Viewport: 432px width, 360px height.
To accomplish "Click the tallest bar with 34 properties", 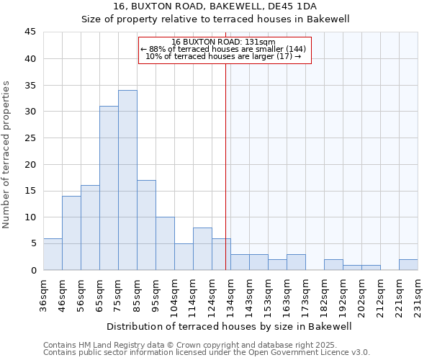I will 127,180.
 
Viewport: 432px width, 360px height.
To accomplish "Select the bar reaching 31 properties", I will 109,188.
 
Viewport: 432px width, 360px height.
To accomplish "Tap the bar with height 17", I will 146,225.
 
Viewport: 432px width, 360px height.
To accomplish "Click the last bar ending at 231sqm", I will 408,264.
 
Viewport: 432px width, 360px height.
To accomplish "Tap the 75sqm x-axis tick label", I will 119,294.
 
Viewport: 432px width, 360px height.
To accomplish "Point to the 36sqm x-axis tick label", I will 44,294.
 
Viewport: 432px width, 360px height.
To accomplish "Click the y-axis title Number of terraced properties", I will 7,154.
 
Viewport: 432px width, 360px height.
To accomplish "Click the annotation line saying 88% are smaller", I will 223,49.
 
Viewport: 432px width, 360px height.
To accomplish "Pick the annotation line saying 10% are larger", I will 223,56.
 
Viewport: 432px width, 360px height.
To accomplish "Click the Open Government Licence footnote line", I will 207,353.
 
